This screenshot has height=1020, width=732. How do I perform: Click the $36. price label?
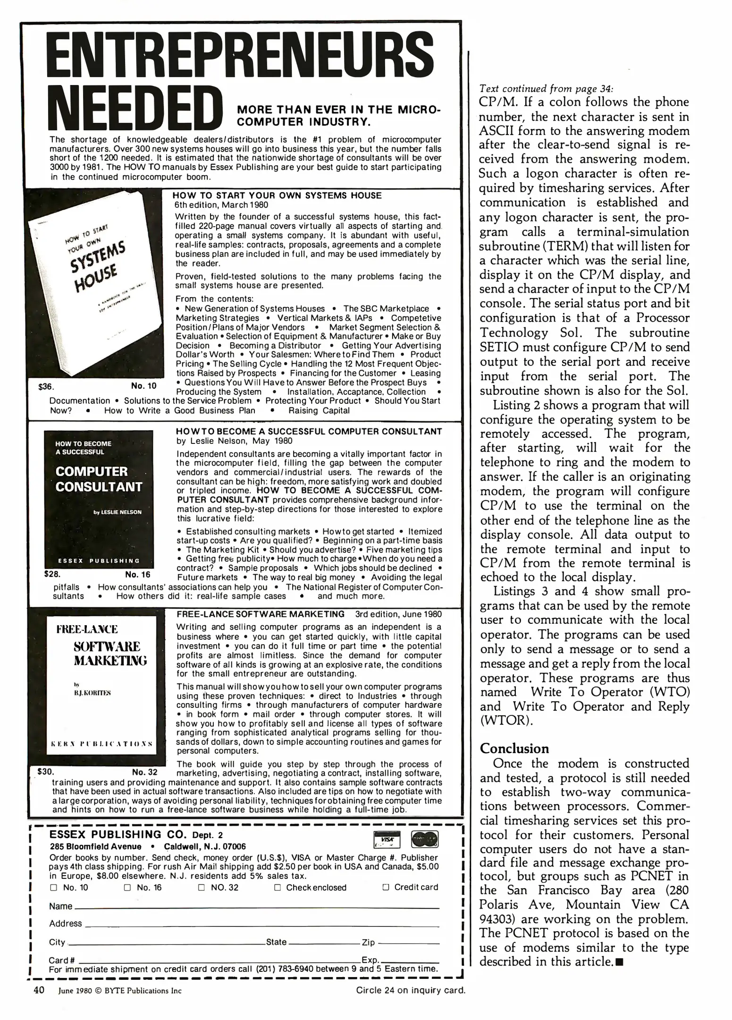coord(46,387)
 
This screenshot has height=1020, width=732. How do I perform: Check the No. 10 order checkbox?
coord(53,887)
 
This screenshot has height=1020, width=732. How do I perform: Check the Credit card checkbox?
coord(385,887)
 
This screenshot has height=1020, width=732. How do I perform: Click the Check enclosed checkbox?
coord(278,887)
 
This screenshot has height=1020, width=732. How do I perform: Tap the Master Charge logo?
coord(425,839)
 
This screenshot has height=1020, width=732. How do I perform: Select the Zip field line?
coord(408,943)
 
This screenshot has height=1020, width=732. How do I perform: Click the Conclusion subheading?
coord(514,748)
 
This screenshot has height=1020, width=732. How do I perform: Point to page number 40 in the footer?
coord(39,990)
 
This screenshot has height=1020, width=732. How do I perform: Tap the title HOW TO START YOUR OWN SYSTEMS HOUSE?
coord(277,195)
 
